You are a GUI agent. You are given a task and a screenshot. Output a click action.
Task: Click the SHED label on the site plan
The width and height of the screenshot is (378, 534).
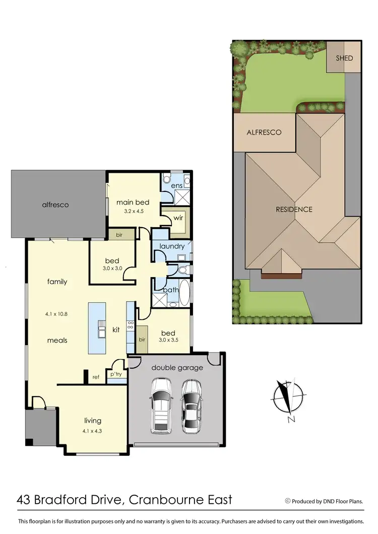pyautogui.click(x=345, y=58)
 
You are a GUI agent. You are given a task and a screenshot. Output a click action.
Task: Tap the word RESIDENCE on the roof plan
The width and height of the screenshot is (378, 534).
pyautogui.click(x=293, y=209)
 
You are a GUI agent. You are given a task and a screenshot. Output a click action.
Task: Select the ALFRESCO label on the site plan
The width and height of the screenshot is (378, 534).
pyautogui.click(x=264, y=132)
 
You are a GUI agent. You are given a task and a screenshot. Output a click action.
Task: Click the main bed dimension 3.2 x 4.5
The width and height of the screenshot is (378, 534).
pyautogui.click(x=134, y=211)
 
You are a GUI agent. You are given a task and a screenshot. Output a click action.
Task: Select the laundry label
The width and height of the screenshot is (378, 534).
pyautogui.click(x=172, y=246)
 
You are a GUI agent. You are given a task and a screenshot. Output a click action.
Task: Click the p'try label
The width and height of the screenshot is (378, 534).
pyautogui.click(x=116, y=374)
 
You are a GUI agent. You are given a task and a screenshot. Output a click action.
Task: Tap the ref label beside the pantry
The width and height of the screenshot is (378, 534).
pyautogui.click(x=96, y=376)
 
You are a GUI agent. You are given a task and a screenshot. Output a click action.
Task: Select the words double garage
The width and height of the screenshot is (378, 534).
pyautogui.click(x=177, y=368)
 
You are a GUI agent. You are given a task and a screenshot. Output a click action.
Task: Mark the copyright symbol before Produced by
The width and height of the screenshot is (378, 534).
pyautogui.click(x=288, y=501)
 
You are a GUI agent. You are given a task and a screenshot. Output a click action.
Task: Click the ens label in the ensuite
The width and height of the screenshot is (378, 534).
pyautogui.click(x=176, y=186)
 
